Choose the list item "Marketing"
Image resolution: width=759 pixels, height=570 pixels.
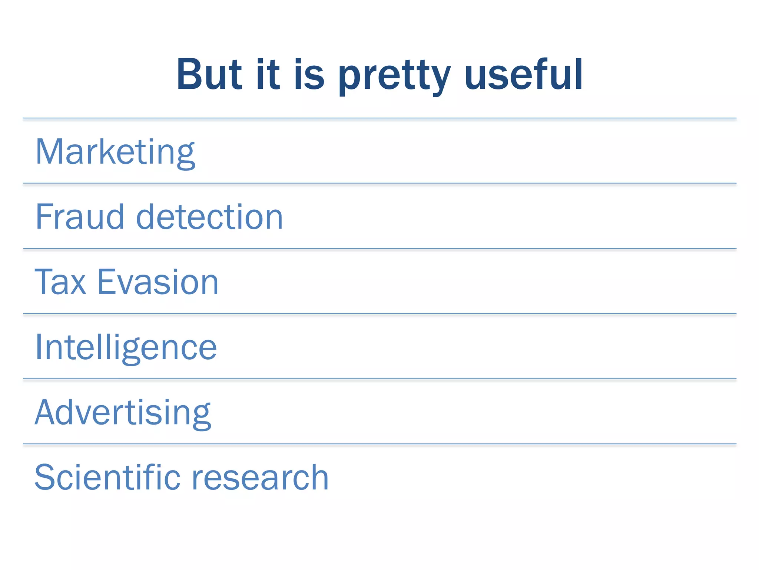point(115,152)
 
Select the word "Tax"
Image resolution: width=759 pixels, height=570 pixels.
point(60,282)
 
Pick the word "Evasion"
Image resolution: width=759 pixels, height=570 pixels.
point(158,282)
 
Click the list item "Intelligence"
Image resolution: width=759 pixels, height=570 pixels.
point(126,347)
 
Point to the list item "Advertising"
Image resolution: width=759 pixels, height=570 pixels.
point(123,413)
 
